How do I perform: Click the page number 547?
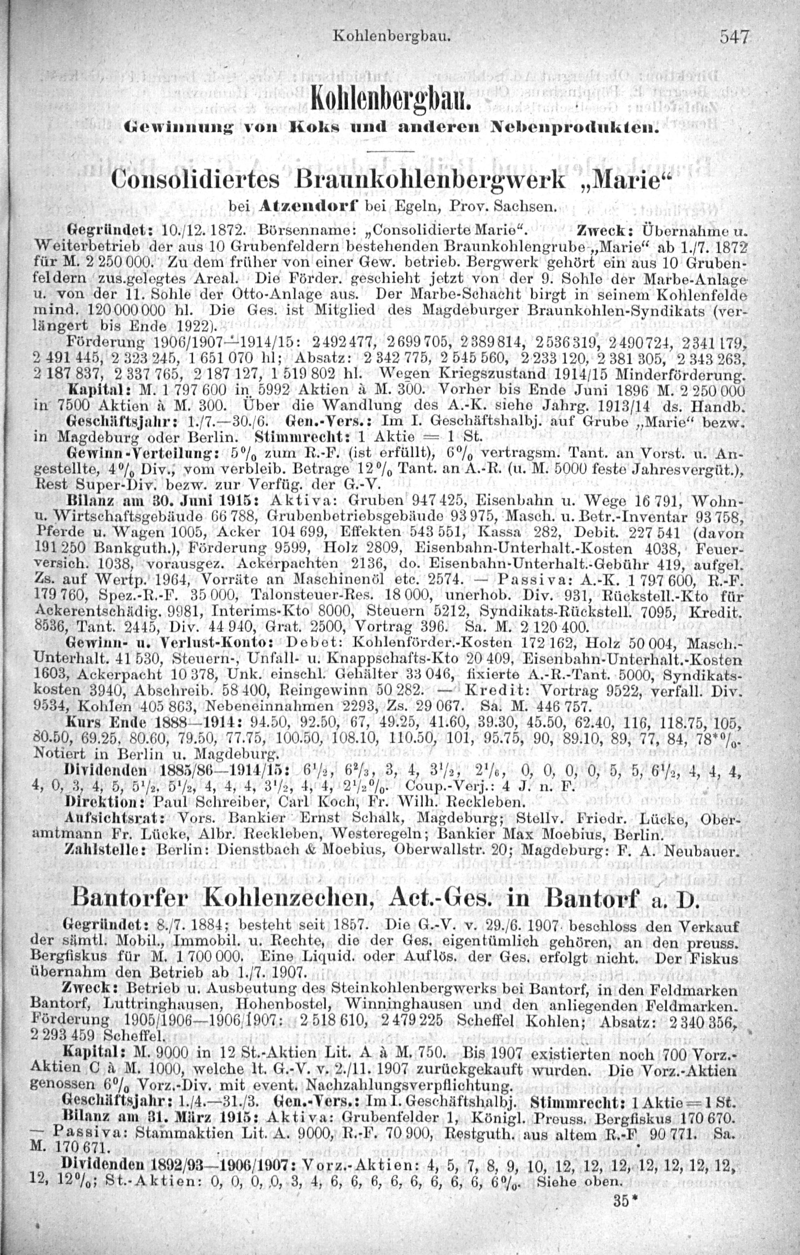734,38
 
